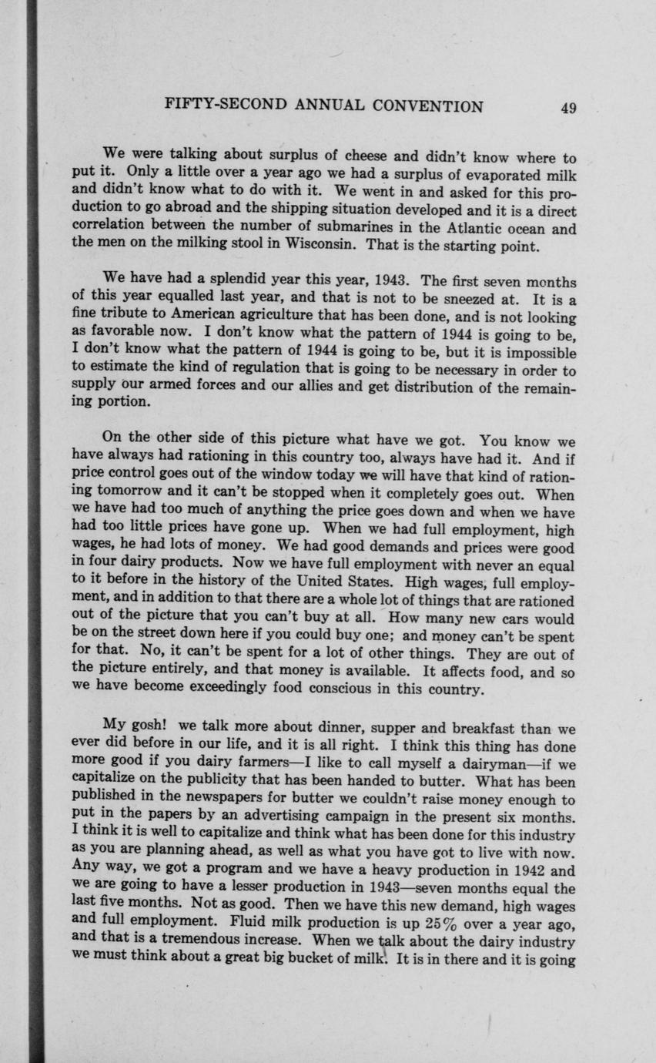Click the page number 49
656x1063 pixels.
tap(568, 108)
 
